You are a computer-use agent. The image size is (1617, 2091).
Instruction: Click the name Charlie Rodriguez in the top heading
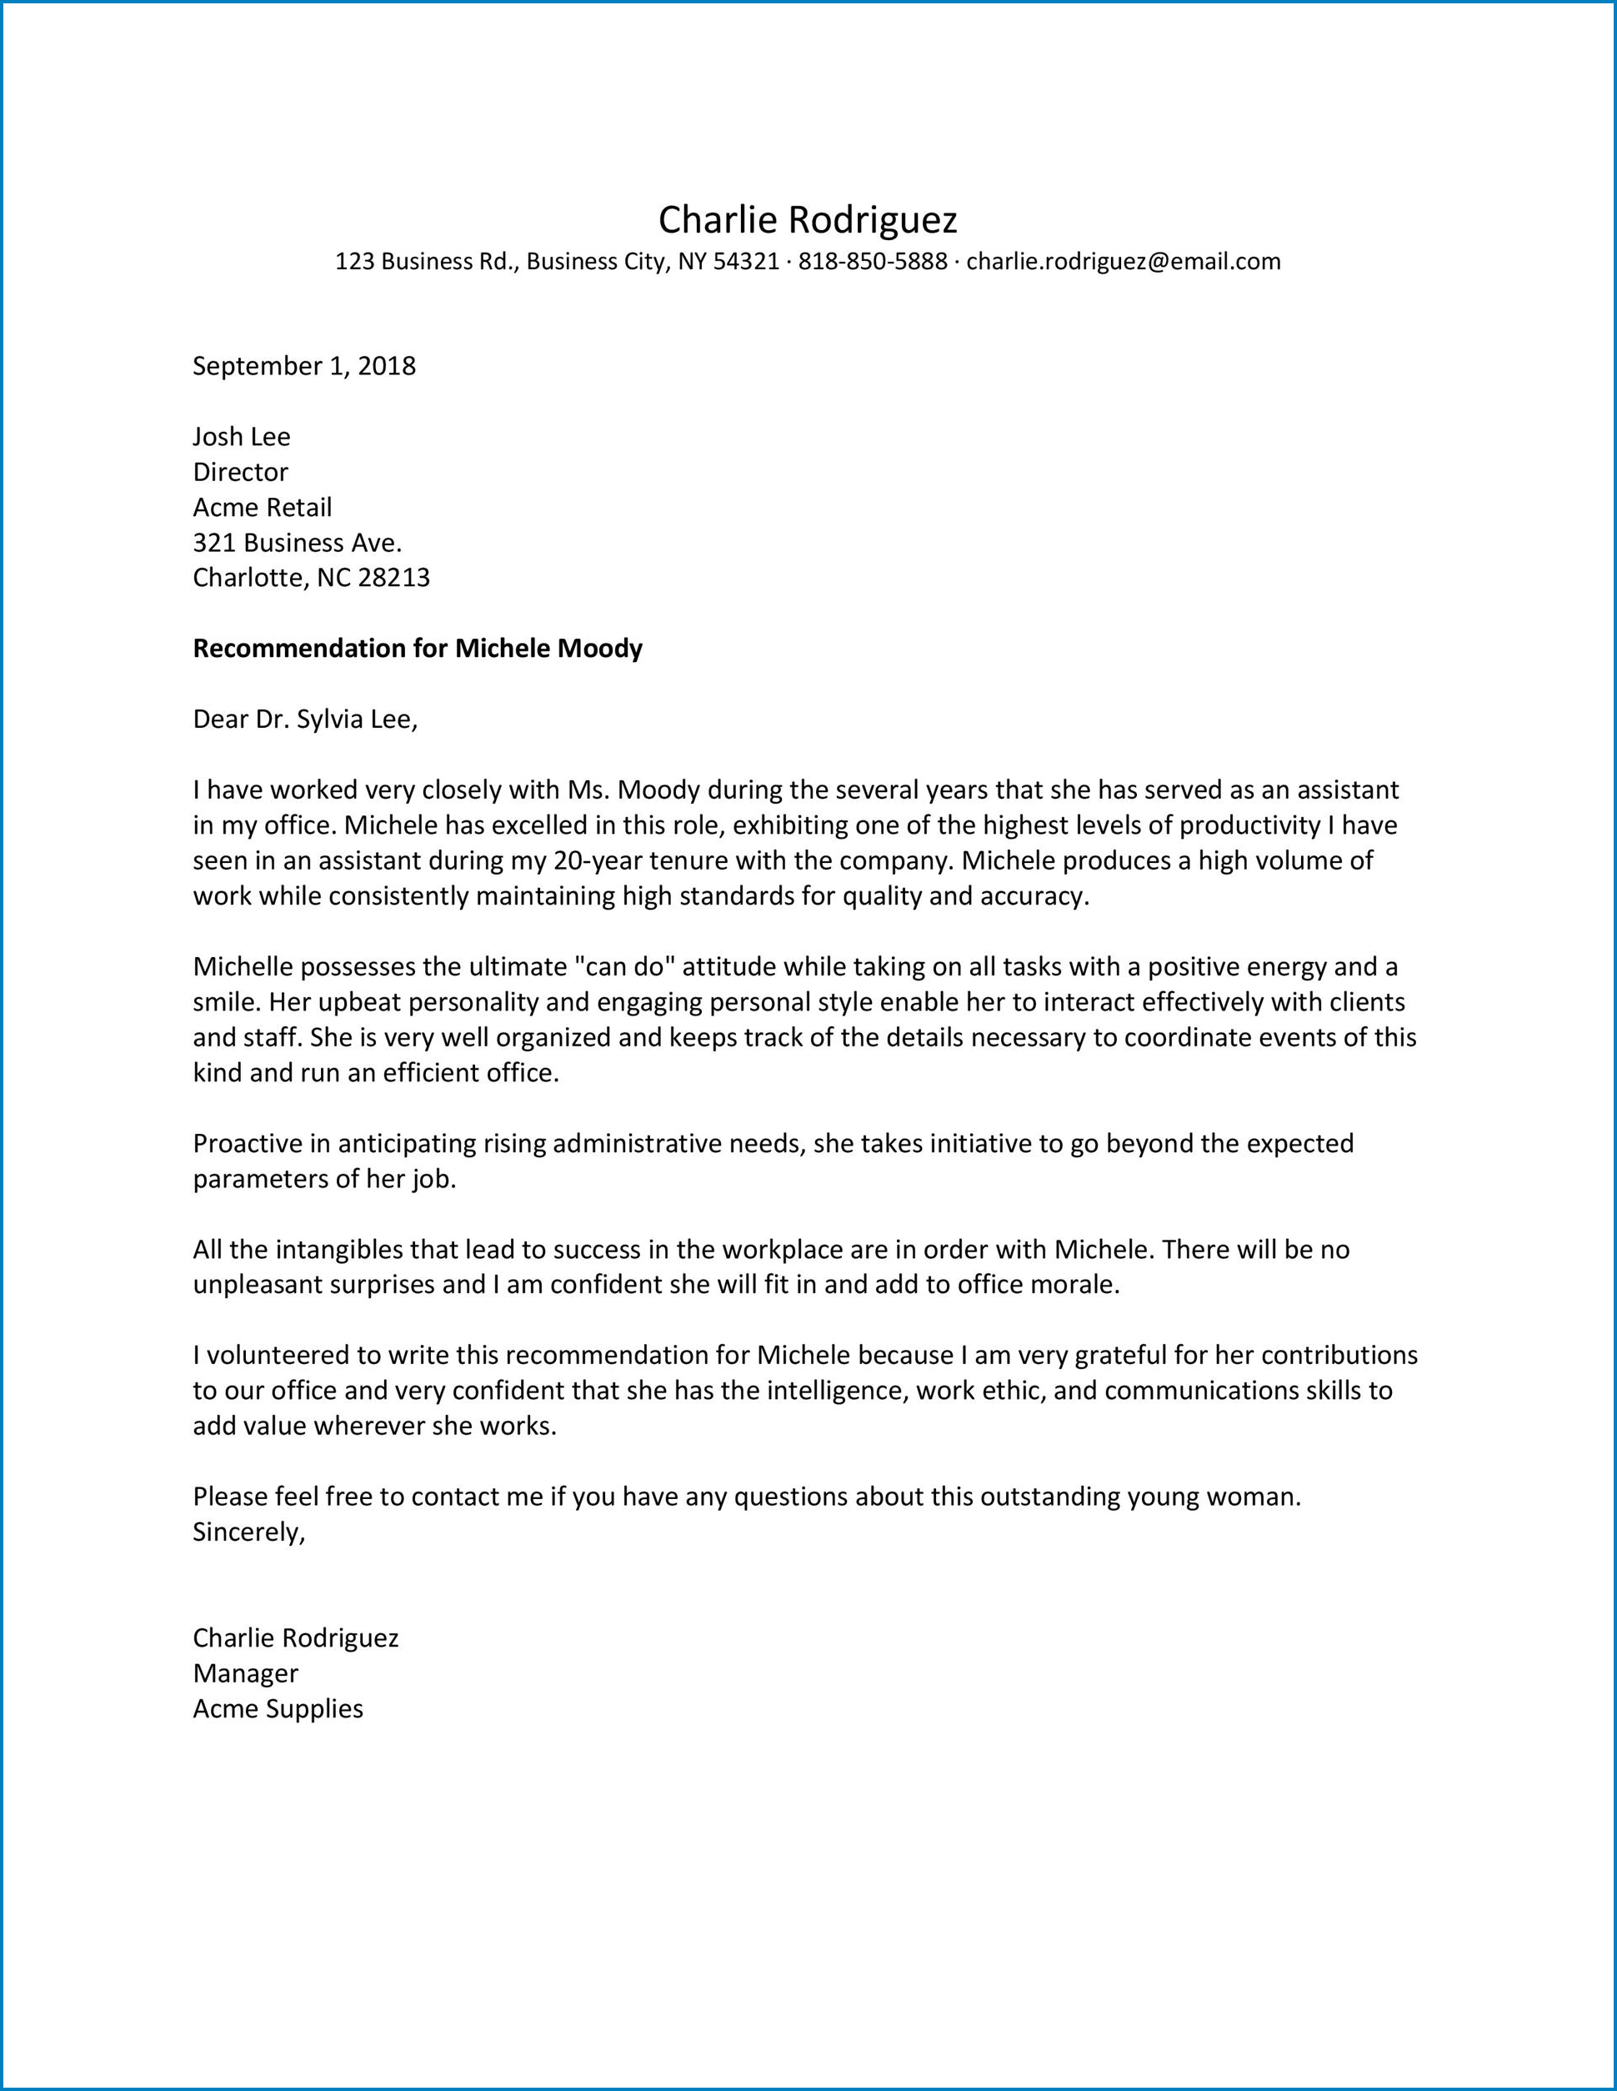(807, 221)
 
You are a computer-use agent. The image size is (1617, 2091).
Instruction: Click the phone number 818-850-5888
(872, 262)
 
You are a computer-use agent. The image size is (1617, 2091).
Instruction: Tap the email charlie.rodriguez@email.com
(1123, 262)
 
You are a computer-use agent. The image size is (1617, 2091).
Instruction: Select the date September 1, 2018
(304, 366)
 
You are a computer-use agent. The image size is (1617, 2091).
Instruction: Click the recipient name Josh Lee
(241, 437)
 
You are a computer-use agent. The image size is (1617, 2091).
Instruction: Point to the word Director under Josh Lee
(240, 472)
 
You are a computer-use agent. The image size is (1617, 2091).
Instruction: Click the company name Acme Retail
(263, 508)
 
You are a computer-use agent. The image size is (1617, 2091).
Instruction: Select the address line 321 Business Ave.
(298, 543)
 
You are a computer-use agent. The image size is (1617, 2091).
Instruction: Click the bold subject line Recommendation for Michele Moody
(418, 649)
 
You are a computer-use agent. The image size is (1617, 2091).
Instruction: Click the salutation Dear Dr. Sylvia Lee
(305, 719)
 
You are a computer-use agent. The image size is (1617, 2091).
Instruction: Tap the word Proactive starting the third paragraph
(251, 1143)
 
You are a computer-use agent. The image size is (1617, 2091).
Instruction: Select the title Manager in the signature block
(246, 1672)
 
